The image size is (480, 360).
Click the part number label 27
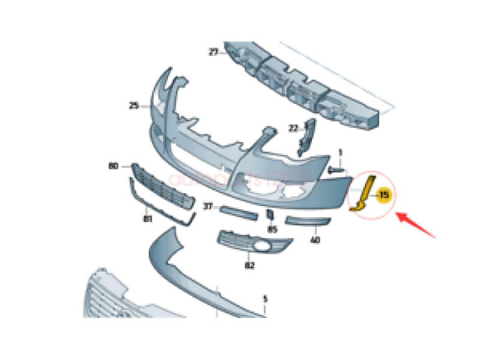[213, 53]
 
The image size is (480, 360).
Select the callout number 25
[134, 106]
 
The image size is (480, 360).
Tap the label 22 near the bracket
[293, 128]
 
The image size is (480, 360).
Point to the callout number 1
[340, 152]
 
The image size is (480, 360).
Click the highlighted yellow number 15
[384, 194]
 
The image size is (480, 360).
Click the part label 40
[315, 240]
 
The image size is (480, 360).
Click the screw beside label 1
[337, 170]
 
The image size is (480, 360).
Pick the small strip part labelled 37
[238, 213]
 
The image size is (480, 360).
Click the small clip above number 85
[270, 214]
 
